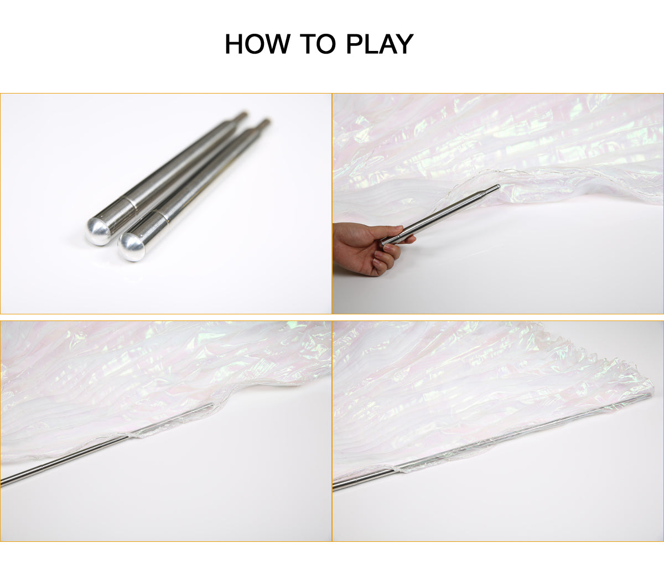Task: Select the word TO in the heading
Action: [x=318, y=44]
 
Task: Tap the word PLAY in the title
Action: [x=380, y=44]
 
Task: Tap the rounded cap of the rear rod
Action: [x=98, y=231]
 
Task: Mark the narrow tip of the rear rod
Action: [x=242, y=115]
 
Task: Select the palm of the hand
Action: [x=354, y=249]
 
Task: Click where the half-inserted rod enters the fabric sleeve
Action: [x=128, y=437]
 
